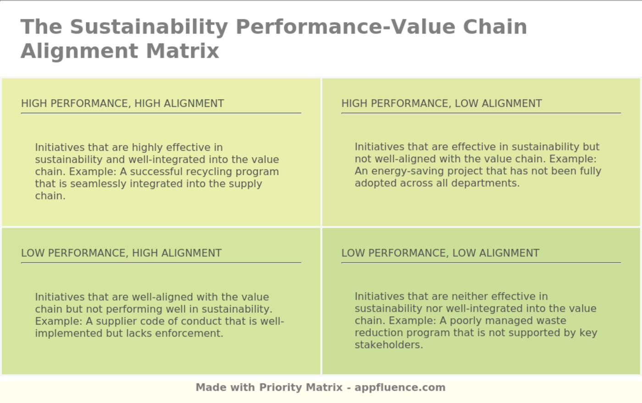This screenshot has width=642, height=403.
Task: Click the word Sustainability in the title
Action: click(x=149, y=27)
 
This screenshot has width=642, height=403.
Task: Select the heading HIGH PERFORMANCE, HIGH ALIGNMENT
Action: click(x=122, y=104)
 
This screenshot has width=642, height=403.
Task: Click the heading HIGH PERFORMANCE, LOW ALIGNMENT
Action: click(x=442, y=104)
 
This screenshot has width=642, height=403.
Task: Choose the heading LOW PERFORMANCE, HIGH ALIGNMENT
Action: click(x=121, y=253)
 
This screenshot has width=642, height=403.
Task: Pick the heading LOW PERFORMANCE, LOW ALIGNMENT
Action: click(x=440, y=253)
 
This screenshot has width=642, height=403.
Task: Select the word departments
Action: click(x=491, y=183)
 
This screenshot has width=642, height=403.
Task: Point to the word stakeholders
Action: click(x=388, y=345)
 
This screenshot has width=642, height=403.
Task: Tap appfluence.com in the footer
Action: click(x=400, y=387)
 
